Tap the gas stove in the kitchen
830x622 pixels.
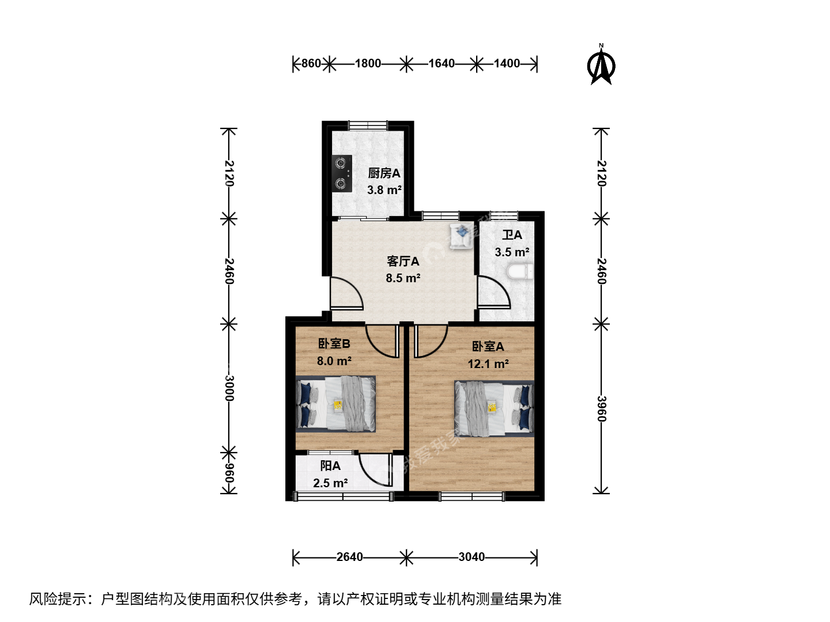click(342, 173)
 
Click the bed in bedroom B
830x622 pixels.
click(336, 404)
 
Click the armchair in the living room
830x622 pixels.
click(461, 236)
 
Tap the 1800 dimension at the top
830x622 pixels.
click(368, 63)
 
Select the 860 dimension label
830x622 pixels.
click(311, 63)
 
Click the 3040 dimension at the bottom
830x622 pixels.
click(471, 557)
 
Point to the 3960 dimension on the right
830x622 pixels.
click(602, 409)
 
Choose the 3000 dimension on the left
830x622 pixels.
click(229, 388)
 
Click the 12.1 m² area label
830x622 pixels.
click(488, 363)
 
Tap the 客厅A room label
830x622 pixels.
click(403, 261)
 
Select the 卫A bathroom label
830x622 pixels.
click(512, 235)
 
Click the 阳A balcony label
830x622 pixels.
click(330, 466)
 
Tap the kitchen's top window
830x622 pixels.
click(368, 125)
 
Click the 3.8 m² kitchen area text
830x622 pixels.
click(384, 189)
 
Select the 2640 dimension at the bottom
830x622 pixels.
click(349, 557)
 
